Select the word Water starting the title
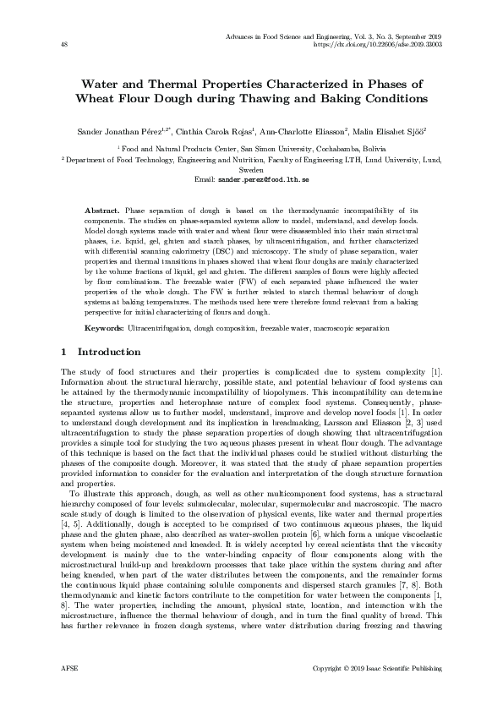(x=101, y=84)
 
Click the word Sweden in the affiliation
(x=252, y=169)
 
